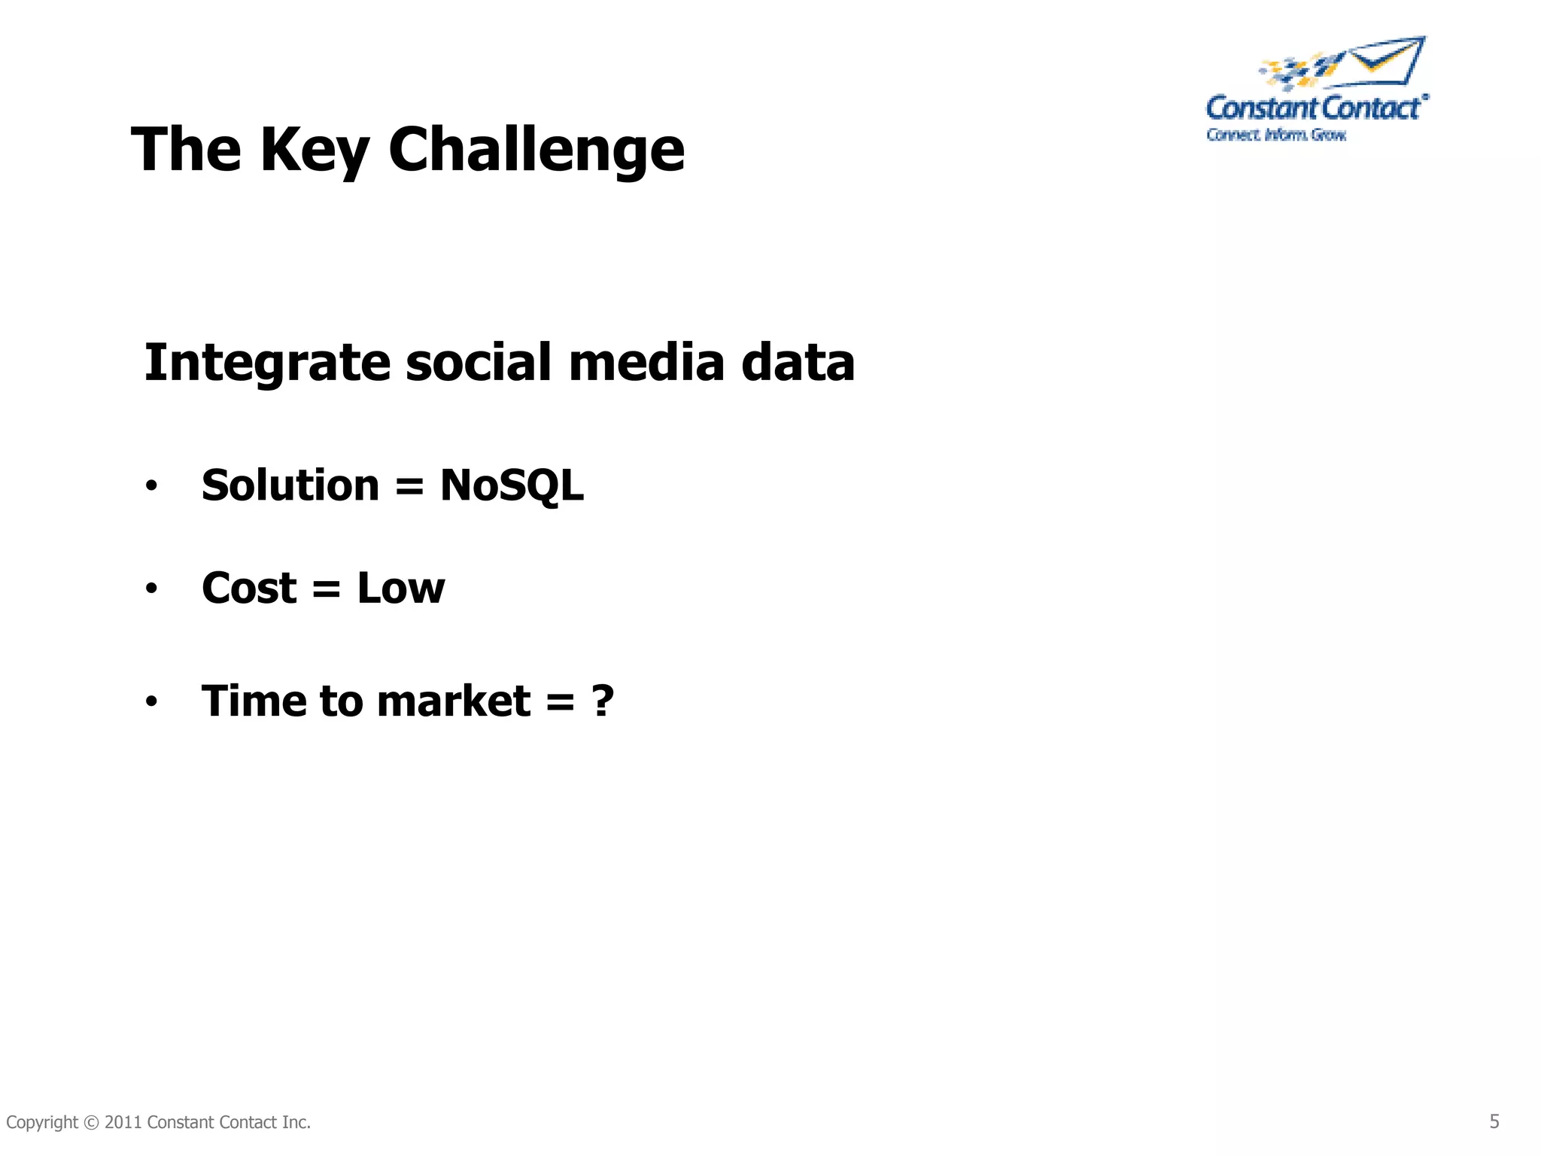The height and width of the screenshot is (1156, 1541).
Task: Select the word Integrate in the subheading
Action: click(267, 363)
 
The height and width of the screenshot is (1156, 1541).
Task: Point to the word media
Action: click(646, 363)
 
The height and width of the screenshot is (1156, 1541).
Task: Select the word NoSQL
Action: click(512, 485)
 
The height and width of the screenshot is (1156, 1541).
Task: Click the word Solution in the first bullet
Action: click(290, 485)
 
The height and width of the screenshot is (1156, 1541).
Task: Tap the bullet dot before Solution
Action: click(151, 487)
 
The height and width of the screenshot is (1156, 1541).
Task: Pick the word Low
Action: click(400, 589)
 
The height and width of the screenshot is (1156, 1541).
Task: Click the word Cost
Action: click(249, 589)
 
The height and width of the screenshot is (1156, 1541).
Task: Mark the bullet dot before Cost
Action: click(151, 589)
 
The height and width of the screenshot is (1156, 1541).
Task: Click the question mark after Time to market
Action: click(603, 701)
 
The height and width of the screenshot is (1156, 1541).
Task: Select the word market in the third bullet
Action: click(454, 701)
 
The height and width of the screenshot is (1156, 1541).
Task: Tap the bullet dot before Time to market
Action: click(151, 703)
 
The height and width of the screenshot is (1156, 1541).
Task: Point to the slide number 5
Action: click(1494, 1121)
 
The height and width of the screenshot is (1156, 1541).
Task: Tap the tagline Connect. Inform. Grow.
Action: click(1276, 135)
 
